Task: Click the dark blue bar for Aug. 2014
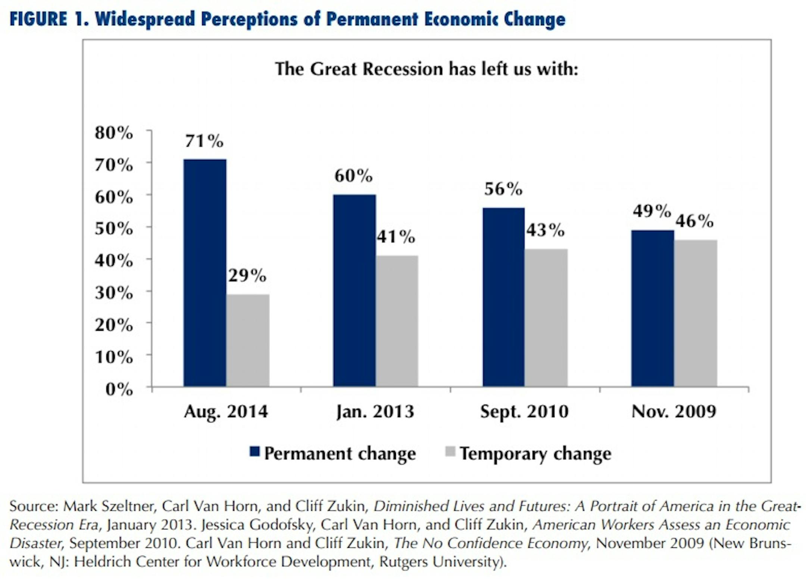[205, 273]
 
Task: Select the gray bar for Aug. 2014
[248, 340]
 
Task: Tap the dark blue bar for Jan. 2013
[354, 290]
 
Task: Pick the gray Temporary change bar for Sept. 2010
[546, 317]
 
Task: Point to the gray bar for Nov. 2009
[696, 313]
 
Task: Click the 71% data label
[204, 141]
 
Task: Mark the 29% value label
[247, 276]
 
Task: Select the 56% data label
[503, 189]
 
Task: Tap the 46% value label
[694, 221]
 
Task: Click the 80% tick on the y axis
[114, 133]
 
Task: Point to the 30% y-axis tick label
[114, 293]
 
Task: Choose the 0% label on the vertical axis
[119, 389]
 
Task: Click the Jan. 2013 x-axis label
[375, 412]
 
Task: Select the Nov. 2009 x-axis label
[674, 412]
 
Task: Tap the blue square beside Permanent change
[254, 452]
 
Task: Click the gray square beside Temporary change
[450, 452]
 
